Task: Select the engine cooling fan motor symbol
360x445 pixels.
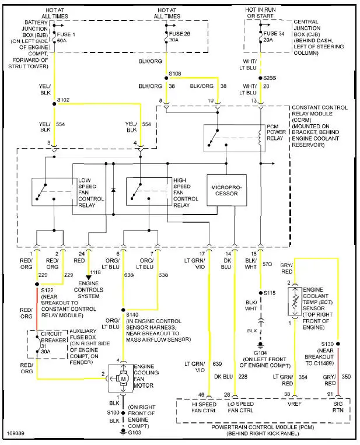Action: click(x=123, y=379)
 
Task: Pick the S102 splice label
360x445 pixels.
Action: click(x=63, y=100)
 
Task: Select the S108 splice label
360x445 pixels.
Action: click(x=176, y=74)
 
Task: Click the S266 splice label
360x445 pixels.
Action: click(x=270, y=78)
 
